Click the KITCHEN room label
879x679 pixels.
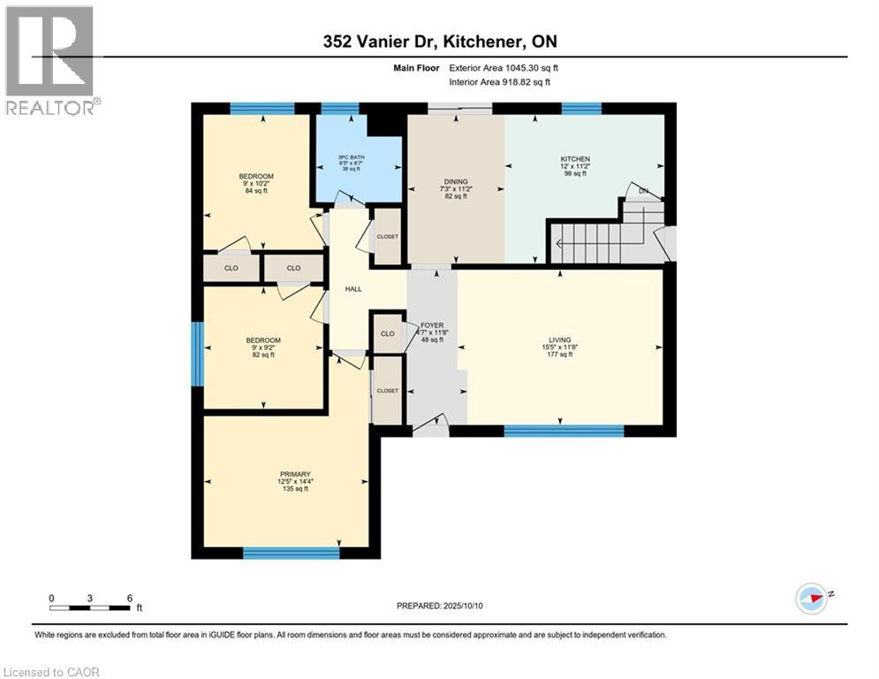tap(575, 159)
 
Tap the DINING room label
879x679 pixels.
tap(456, 181)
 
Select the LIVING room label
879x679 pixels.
tap(559, 339)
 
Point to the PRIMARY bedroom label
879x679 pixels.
tap(295, 474)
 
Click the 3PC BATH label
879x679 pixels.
tap(351, 157)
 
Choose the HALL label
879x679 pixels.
tap(353, 289)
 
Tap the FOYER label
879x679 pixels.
tap(432, 324)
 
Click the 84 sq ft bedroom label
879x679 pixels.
tap(256, 176)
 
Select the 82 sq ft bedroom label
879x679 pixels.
tap(263, 340)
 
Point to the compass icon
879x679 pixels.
tap(812, 599)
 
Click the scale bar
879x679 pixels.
tap(90, 607)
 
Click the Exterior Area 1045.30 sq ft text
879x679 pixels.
tap(504, 68)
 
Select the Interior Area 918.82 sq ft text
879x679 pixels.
tap(499, 82)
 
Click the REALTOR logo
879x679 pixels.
tap(51, 60)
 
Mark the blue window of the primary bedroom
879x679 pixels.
tap(291, 553)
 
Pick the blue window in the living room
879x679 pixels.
tap(564, 431)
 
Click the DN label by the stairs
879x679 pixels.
tap(643, 191)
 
